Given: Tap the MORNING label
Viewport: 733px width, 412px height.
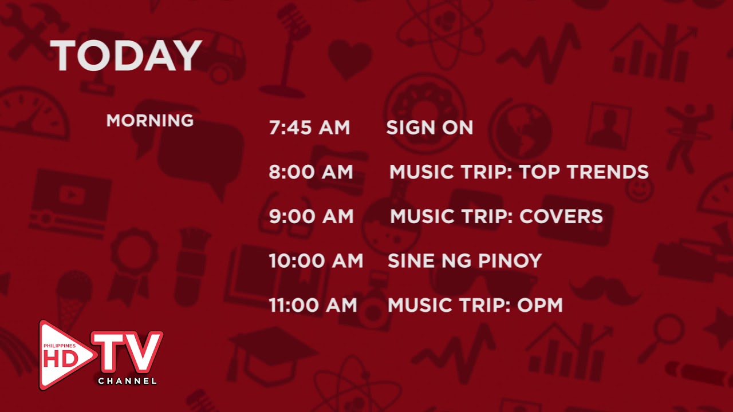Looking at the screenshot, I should point(149,121).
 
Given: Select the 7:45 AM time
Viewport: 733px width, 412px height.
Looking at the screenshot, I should point(309,128).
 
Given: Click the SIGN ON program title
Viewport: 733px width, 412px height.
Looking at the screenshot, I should point(429,128).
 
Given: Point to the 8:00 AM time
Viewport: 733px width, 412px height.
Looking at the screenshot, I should point(311,172).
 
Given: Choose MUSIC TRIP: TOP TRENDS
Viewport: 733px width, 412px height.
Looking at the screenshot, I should point(519,172).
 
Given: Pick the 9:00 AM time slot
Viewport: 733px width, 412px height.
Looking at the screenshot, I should point(311,216).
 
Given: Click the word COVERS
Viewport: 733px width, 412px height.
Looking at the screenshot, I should point(561,216).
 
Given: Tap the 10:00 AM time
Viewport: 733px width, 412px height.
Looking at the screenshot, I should point(316,261).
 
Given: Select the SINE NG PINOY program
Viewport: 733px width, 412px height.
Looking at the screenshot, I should point(464,261).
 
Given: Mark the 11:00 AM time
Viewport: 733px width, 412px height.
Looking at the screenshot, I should point(313,305).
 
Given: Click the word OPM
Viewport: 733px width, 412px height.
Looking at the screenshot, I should point(540,305).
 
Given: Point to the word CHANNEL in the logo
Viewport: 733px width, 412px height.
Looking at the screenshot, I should point(127,381).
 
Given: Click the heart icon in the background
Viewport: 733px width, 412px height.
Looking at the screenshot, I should point(350,58).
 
